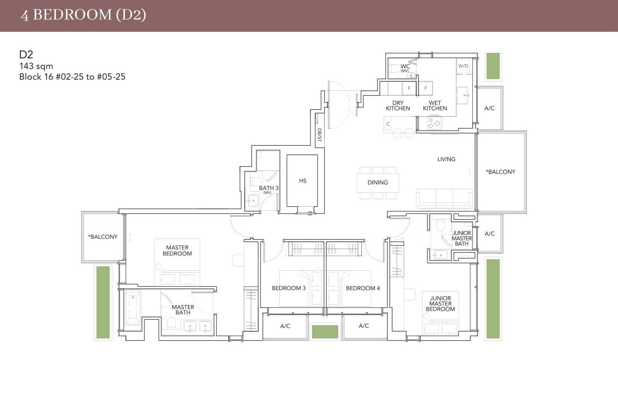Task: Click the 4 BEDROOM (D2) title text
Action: pos(84,15)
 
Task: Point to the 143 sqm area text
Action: pos(36,66)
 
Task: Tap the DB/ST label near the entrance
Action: pos(319,135)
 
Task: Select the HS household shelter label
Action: pos(302,181)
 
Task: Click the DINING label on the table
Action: pos(377,182)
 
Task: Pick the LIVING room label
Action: pos(446,159)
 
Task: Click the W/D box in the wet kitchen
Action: pos(463,66)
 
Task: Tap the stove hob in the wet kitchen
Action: pos(434,123)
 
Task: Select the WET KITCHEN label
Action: pos(435,106)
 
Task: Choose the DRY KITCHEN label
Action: pos(398,106)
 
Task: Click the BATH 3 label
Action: pos(269,188)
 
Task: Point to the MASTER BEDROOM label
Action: pos(177,250)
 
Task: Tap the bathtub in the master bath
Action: pos(132,307)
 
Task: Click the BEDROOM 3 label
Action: pos(289,288)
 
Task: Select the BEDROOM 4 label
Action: pos(363,288)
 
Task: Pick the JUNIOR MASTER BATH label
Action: pos(462,238)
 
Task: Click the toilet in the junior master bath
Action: pos(440,225)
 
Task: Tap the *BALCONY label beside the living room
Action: pos(500,172)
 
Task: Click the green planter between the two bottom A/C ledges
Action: pos(325,331)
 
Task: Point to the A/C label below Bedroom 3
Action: pos(285,326)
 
